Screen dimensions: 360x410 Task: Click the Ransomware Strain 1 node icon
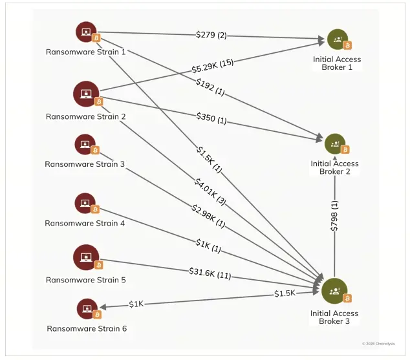[86, 32]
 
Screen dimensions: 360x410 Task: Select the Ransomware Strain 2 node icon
[85, 94]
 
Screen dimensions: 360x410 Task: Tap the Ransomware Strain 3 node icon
[85, 145]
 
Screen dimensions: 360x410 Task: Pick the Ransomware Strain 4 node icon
[85, 204]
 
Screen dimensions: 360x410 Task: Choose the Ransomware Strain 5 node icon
[85, 257]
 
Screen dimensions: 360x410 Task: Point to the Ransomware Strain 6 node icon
[87, 309]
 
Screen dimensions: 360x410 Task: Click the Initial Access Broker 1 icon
[337, 39]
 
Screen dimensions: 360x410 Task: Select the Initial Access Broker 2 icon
[335, 144]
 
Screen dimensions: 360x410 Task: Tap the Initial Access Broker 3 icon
[334, 291]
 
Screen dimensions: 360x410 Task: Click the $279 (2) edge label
[211, 34]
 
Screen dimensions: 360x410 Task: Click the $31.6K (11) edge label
[210, 272]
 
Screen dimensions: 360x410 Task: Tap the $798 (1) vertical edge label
[334, 216]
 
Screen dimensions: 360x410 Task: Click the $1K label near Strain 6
[136, 304]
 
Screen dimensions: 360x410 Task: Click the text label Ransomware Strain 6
[86, 328]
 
